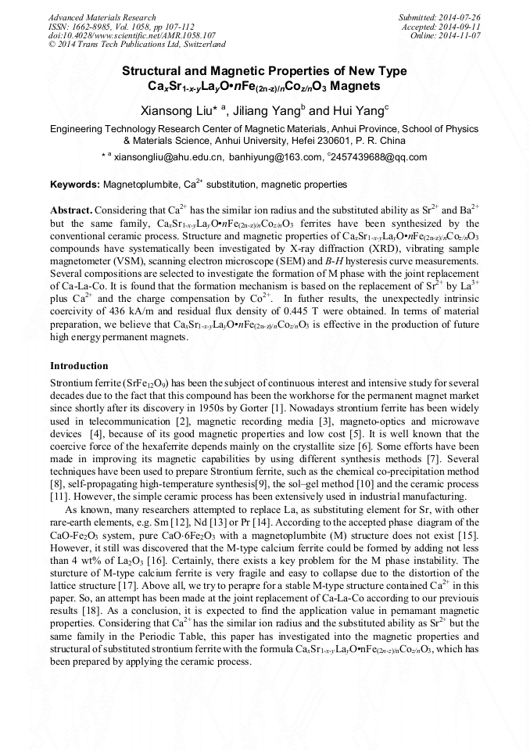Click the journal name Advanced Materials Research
[x=102, y=17]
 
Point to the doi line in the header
[x=131, y=36]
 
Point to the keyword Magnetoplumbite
[x=141, y=185]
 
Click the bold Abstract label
[x=71, y=211]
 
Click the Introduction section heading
[x=79, y=366]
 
